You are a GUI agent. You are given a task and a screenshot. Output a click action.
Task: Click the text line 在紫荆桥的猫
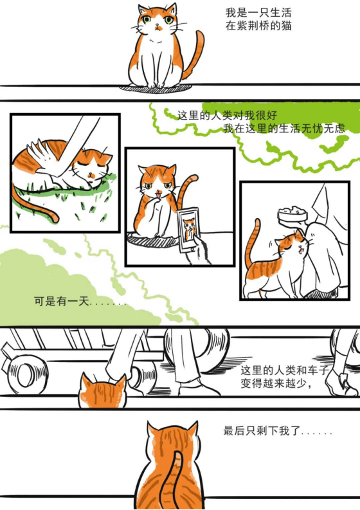click(x=258, y=25)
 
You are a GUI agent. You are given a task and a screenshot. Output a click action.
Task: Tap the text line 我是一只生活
click(x=258, y=13)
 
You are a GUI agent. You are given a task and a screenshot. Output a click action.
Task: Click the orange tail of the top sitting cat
click(x=195, y=53)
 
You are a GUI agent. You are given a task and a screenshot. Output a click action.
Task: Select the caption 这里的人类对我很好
click(x=227, y=115)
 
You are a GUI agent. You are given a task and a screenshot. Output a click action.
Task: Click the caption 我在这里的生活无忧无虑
click(x=283, y=128)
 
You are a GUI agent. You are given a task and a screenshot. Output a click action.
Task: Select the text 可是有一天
click(x=62, y=301)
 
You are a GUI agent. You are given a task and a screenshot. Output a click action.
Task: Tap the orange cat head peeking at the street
click(x=102, y=390)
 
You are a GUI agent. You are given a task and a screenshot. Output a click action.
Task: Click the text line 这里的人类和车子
click(x=285, y=370)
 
